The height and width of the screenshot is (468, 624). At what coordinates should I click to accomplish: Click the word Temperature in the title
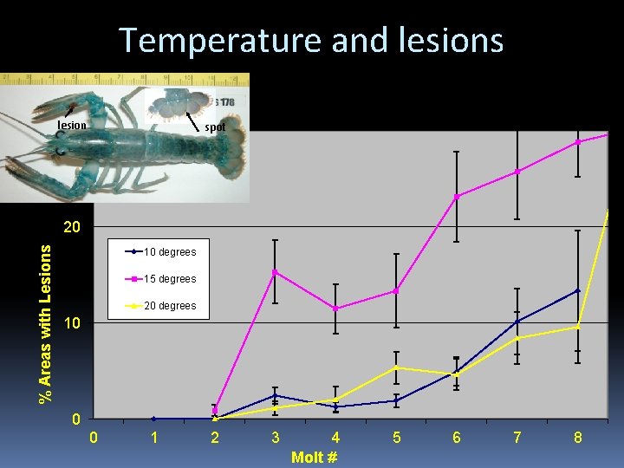click(207, 40)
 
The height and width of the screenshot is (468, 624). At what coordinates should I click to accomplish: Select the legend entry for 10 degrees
click(169, 252)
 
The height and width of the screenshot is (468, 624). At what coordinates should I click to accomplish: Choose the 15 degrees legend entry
click(169, 279)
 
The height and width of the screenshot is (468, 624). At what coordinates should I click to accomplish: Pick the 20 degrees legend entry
click(169, 306)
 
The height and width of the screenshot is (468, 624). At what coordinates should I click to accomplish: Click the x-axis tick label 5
click(396, 438)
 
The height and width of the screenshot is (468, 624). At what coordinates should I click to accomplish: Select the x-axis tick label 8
click(577, 438)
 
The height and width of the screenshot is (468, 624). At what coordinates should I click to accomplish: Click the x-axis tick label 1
click(154, 438)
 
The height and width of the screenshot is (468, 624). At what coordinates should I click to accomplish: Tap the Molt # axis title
click(314, 457)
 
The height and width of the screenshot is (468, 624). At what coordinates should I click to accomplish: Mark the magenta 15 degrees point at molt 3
click(275, 272)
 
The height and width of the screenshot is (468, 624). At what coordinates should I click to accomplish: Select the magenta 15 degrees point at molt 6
click(457, 197)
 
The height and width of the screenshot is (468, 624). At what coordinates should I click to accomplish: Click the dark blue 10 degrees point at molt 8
click(577, 290)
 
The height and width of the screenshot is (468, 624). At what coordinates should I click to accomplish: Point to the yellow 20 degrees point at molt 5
click(396, 367)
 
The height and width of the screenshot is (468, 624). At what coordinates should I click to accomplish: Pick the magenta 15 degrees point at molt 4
click(335, 309)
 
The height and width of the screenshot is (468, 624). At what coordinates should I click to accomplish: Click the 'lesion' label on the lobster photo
click(72, 126)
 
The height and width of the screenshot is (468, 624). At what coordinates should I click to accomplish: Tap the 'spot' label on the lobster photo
click(215, 127)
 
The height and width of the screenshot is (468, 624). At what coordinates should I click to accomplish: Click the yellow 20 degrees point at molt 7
click(517, 338)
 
